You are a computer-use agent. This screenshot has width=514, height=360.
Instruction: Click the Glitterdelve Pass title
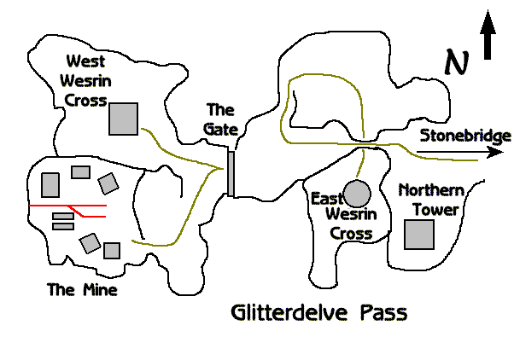[318, 312]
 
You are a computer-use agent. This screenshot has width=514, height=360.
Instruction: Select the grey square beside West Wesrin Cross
[124, 119]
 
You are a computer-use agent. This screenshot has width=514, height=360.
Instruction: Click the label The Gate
[220, 119]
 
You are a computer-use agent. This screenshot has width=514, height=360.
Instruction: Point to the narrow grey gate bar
[231, 173]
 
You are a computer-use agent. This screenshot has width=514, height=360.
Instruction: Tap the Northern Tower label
[429, 200]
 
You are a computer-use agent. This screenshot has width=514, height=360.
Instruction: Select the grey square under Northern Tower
[418, 234]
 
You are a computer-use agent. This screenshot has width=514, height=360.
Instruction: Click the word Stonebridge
[464, 136]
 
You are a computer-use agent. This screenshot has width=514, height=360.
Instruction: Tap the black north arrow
[488, 38]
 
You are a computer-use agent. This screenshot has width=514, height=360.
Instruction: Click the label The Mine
[82, 290]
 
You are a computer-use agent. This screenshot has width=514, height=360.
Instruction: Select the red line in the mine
[68, 207]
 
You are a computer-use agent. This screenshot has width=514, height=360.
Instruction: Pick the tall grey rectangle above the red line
[50, 184]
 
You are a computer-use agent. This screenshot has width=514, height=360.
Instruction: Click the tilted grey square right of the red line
[108, 183]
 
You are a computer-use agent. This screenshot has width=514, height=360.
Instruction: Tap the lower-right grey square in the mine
[112, 250]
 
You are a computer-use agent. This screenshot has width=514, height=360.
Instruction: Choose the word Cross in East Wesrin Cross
[353, 233]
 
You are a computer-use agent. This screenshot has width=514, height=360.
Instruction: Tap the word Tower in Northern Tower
[436, 209]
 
